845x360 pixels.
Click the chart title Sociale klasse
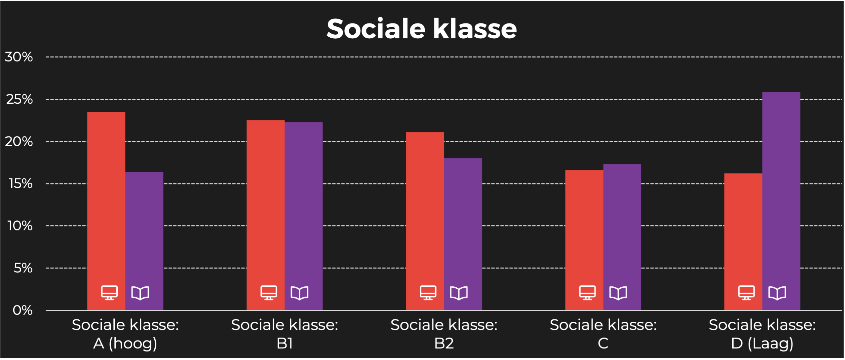pos(421,29)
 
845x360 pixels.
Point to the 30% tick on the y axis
pos(19,57)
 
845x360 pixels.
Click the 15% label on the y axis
pos(21,184)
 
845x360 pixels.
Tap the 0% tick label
pos(22,310)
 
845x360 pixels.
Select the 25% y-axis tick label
pos(19,99)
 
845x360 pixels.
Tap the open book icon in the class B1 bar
pos(299,293)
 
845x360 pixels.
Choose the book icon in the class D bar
pos(777,293)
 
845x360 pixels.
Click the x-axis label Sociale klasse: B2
pos(444,334)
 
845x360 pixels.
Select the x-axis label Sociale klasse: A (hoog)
pos(125,334)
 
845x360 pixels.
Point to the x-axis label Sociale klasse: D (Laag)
pos(762,334)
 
